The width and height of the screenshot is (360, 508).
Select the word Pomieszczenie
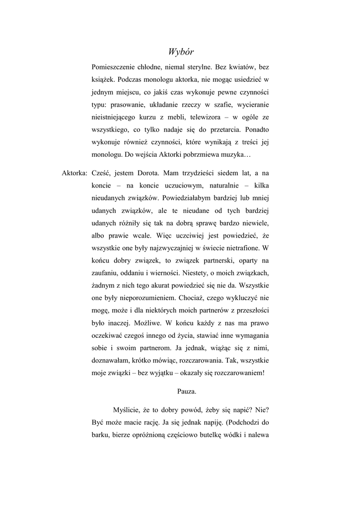click(x=113, y=66)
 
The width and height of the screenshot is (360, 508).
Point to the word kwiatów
click(x=240, y=66)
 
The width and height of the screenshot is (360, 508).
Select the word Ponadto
click(x=256, y=131)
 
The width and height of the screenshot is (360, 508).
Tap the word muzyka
click(x=233, y=157)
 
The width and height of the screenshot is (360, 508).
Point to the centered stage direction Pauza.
click(x=187, y=391)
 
